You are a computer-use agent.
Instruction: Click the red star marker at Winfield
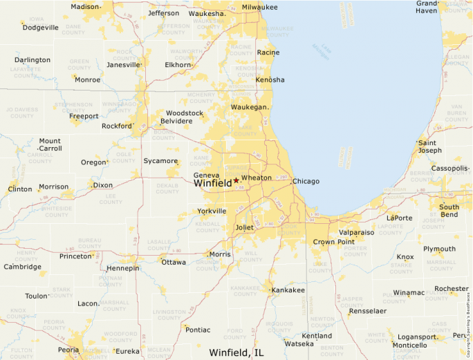click(236, 180)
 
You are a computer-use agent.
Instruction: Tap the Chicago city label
click(306, 182)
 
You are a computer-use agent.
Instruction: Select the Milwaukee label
click(259, 7)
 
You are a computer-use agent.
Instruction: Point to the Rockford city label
click(116, 126)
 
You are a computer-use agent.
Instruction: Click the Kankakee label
click(288, 290)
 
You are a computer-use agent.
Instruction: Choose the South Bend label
click(449, 211)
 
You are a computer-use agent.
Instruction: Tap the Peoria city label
click(68, 350)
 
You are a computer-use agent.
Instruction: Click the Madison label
click(85, 7)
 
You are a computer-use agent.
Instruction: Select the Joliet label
click(245, 227)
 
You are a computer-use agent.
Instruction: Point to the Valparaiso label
click(356, 233)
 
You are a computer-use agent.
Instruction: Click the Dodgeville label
click(41, 28)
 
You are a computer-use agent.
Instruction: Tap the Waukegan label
click(249, 107)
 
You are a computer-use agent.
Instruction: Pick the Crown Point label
click(333, 243)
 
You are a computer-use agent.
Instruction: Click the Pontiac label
click(198, 330)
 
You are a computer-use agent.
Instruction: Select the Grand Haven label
click(427, 7)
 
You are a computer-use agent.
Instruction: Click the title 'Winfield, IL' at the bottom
click(236, 352)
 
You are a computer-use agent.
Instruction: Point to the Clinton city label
click(20, 189)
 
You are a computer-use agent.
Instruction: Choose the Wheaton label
click(257, 178)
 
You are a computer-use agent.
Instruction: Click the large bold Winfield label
click(212, 184)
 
